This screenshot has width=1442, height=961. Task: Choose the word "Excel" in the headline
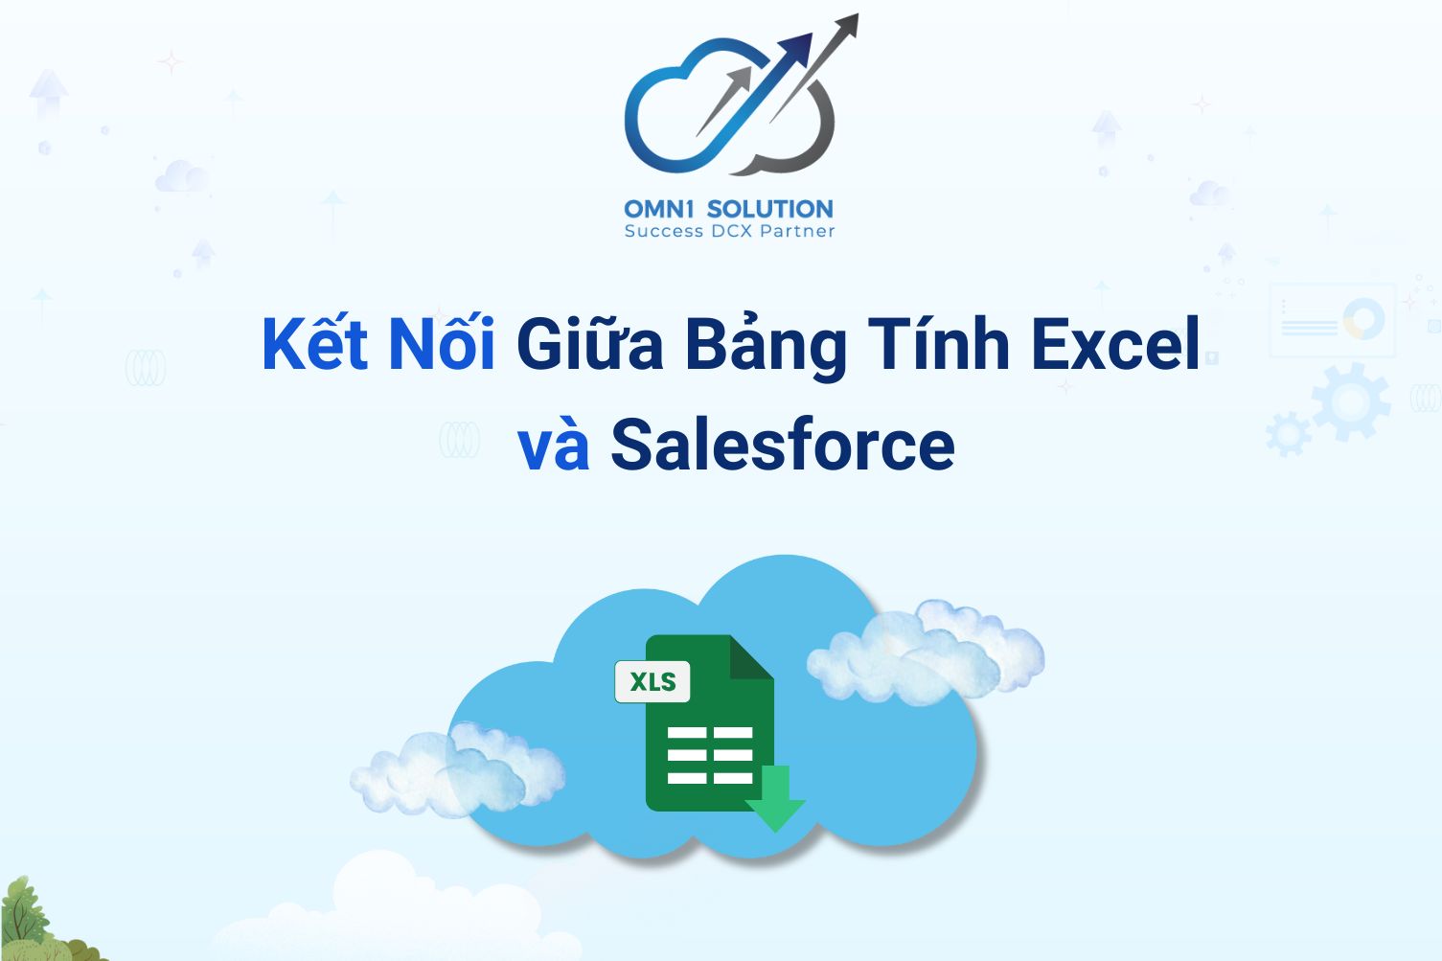(x=1115, y=345)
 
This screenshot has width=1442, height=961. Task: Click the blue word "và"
(x=554, y=447)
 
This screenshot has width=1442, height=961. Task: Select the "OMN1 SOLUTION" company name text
(x=728, y=209)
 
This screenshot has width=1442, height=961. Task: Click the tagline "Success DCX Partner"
(x=729, y=231)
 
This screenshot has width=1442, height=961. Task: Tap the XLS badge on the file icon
(x=652, y=681)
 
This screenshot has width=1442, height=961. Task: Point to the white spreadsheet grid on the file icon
(x=710, y=755)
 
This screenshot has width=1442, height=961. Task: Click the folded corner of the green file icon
(x=752, y=657)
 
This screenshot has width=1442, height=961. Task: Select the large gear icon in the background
(x=1352, y=401)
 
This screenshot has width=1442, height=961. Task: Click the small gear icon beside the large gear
(x=1288, y=434)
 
